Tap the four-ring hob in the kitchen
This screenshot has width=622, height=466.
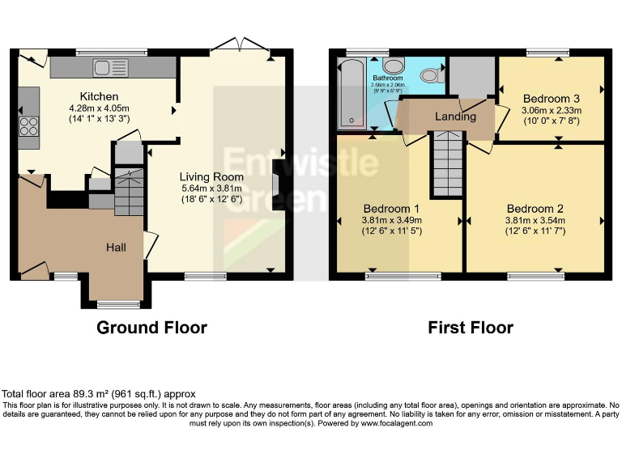point(29,128)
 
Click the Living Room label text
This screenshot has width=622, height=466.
point(211,176)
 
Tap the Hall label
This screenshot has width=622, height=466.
point(116,248)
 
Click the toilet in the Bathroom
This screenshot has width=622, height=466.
point(431,75)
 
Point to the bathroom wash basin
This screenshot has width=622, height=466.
point(394,66)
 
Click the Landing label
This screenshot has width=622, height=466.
point(455,116)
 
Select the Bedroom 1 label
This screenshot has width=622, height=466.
point(391,206)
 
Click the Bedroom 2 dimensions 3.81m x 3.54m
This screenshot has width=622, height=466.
point(534,219)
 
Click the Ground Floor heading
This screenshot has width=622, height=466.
point(151,328)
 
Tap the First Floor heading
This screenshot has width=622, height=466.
point(471,328)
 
